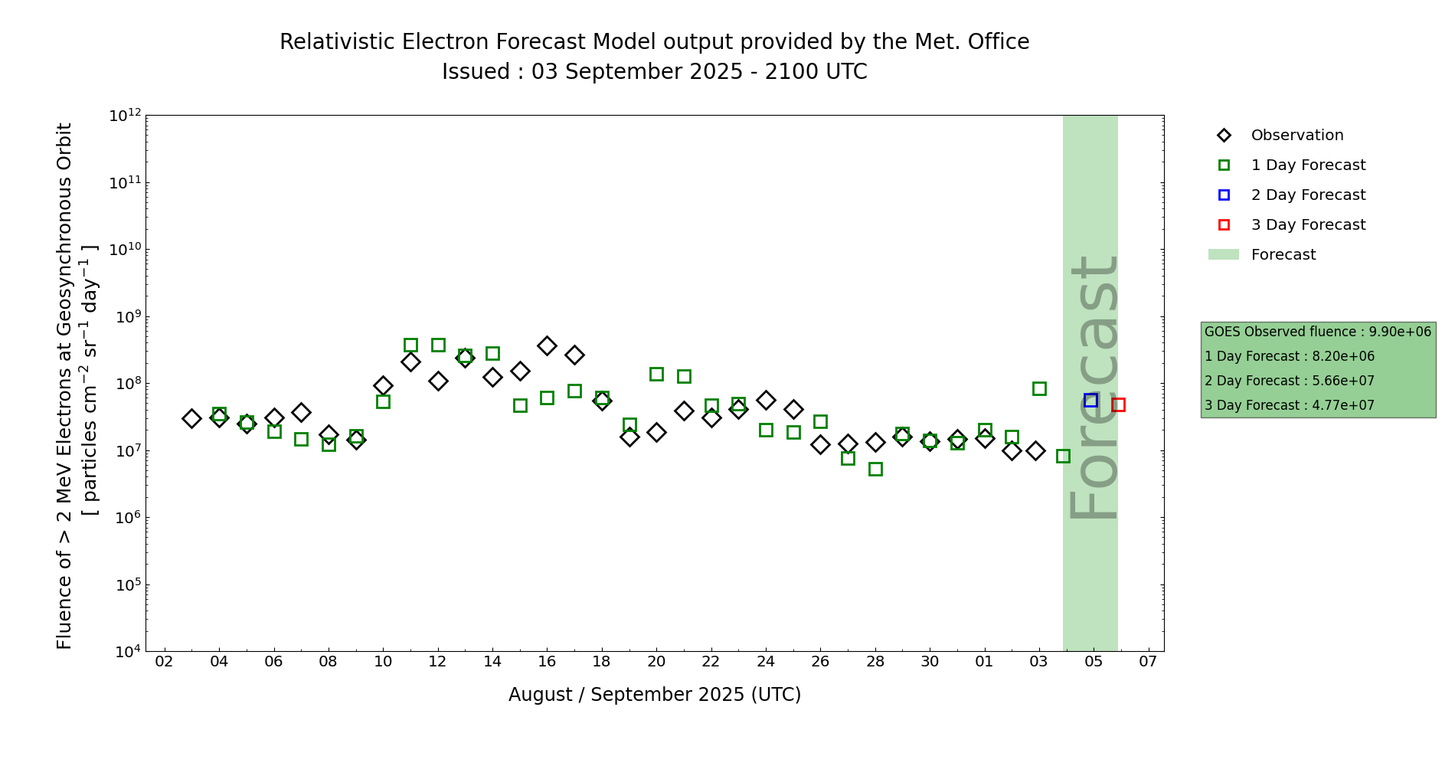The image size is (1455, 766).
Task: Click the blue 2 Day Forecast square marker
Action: click(x=1090, y=400)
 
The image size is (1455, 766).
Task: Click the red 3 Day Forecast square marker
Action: click(x=1118, y=404)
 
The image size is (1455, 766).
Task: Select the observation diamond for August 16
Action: click(x=547, y=345)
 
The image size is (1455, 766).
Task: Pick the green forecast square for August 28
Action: click(x=875, y=469)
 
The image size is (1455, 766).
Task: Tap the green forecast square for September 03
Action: click(x=1039, y=388)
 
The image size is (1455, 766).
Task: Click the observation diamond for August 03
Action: click(x=191, y=418)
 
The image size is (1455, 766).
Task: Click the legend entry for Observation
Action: click(x=1296, y=136)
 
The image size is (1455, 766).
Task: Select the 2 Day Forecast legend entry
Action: click(x=1307, y=195)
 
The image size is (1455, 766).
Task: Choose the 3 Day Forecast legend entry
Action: click(x=1307, y=225)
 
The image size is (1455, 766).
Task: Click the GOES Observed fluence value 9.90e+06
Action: click(x=1400, y=332)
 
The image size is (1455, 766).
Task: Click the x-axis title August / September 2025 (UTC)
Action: click(x=655, y=695)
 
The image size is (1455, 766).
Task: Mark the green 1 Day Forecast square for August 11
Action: click(x=410, y=345)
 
